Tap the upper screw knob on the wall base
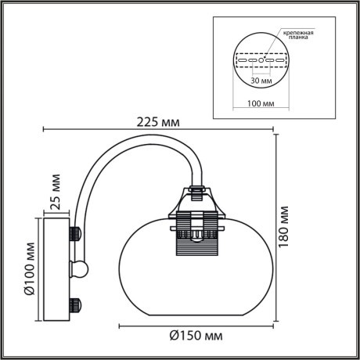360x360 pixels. pyautogui.click(x=77, y=233)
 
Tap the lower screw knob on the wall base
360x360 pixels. pyautogui.click(x=77, y=303)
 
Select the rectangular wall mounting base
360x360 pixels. pyautogui.click(x=56, y=268)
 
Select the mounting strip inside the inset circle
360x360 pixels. pyautogui.click(x=262, y=59)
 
